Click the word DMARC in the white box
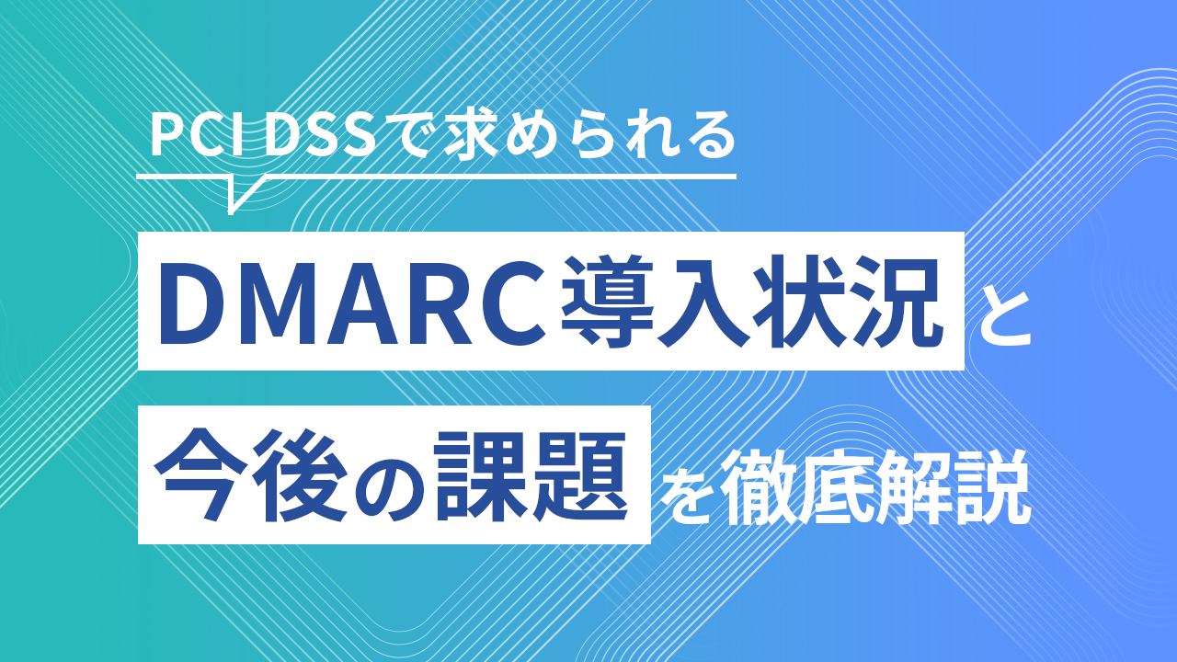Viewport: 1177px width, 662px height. pos(352,301)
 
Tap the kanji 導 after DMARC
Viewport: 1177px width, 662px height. pos(607,301)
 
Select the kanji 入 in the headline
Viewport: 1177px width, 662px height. pos(703,301)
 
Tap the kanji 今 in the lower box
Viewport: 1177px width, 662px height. pos(200,474)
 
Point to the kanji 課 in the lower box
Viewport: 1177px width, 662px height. pos(480,474)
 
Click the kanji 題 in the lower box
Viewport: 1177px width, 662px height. pos(579,474)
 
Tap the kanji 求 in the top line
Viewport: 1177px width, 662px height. pos(471,135)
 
